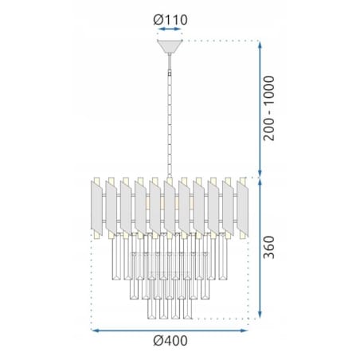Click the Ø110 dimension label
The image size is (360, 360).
tap(170, 20)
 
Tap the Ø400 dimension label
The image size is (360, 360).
tap(170, 341)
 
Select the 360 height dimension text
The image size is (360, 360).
tap(268, 247)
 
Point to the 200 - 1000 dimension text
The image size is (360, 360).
tap(268, 108)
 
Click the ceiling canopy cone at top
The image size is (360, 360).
tap(170, 46)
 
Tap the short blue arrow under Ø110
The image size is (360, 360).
tap(170, 29)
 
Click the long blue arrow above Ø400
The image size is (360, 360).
tap(170, 331)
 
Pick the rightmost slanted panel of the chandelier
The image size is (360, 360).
tap(242, 209)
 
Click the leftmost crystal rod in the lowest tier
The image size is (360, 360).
tap(151, 308)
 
